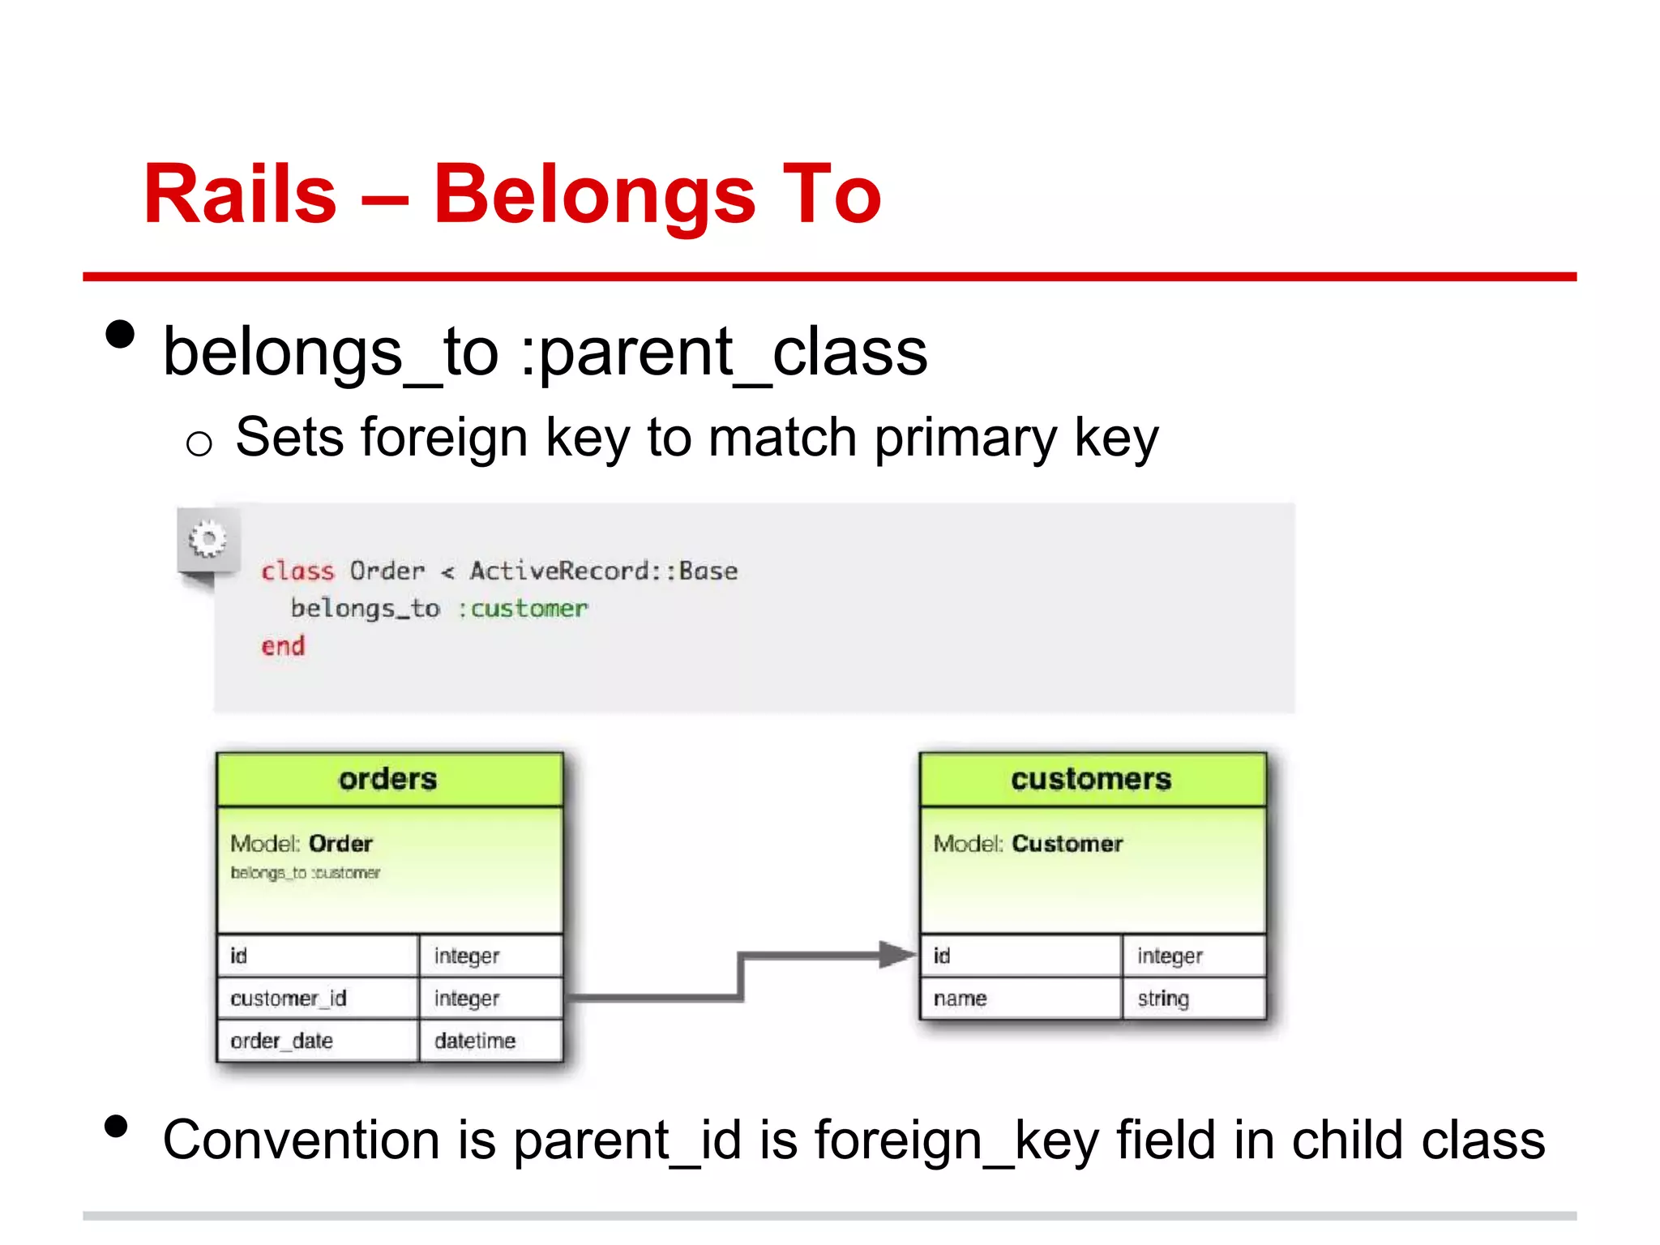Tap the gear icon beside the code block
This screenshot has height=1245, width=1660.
point(207,539)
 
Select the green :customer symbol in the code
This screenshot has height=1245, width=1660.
point(523,609)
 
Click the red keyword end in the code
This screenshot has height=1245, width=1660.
point(283,647)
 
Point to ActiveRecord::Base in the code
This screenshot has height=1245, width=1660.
point(604,571)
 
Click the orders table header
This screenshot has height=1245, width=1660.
point(389,779)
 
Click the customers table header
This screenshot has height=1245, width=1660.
point(1092,779)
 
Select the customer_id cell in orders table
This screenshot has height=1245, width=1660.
point(289,999)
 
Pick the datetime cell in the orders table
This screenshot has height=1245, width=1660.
point(475,1041)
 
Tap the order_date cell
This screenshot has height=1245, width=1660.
point(282,1041)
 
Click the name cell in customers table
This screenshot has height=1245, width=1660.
point(960,999)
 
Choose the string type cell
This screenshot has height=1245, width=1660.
point(1163,999)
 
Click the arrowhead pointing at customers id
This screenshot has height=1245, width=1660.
point(896,955)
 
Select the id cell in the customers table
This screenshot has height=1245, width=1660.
point(942,956)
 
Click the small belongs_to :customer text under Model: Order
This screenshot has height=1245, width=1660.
point(305,873)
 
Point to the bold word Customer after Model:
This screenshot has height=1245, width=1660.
point(1067,844)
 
